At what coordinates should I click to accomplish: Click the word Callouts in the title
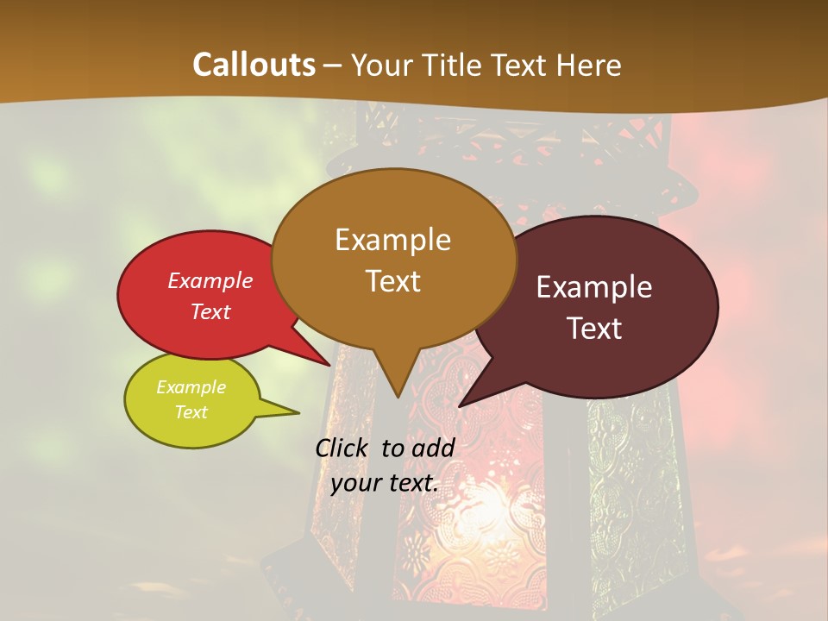pyautogui.click(x=254, y=65)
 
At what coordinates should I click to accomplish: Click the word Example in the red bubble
pyautogui.click(x=210, y=280)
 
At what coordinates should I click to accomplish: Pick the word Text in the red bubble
pyautogui.click(x=210, y=311)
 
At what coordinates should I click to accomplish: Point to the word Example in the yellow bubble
pyautogui.click(x=191, y=387)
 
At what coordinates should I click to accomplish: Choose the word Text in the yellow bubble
pyautogui.click(x=191, y=412)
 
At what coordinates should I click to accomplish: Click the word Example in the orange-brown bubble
pyautogui.click(x=392, y=240)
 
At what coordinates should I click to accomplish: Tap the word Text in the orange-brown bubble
pyautogui.click(x=392, y=281)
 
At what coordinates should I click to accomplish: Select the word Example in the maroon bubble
pyautogui.click(x=594, y=287)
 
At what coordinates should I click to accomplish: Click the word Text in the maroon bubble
pyautogui.click(x=594, y=329)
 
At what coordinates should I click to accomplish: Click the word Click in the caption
pyautogui.click(x=343, y=448)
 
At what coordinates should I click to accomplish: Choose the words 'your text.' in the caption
pyautogui.click(x=385, y=483)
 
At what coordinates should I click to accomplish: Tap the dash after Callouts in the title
pyautogui.click(x=334, y=66)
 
